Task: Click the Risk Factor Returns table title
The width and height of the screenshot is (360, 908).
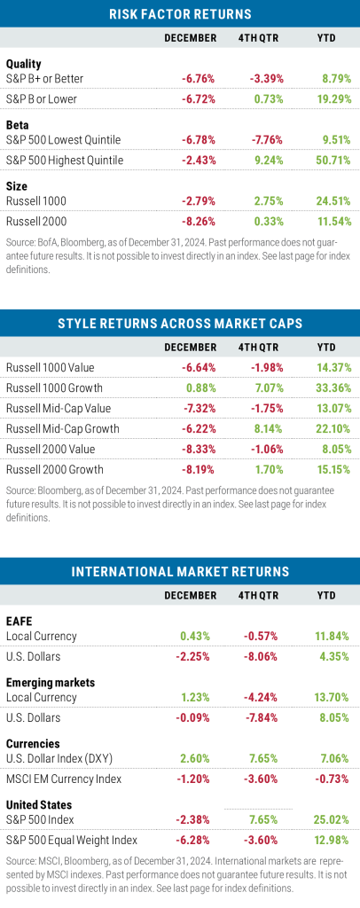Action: tap(180, 14)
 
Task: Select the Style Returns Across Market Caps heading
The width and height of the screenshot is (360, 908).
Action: tap(180, 323)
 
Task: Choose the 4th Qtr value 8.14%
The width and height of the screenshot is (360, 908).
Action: tap(269, 428)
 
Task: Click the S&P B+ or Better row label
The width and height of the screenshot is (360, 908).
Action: tap(44, 78)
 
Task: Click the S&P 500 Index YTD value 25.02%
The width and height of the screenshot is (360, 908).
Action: tap(334, 819)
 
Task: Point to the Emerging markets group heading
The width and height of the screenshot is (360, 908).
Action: tap(50, 682)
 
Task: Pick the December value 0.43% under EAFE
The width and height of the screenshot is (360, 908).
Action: tap(200, 636)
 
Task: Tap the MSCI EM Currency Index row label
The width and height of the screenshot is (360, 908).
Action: tap(64, 779)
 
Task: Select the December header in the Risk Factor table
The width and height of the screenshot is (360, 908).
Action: tap(191, 38)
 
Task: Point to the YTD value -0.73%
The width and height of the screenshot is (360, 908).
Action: tap(334, 779)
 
